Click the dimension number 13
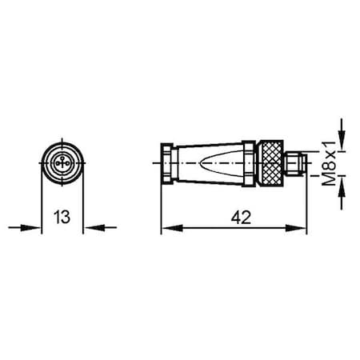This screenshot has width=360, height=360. coord(62,216)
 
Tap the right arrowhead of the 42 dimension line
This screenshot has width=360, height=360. coord(302,228)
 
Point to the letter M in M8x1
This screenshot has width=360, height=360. coord(330,181)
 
